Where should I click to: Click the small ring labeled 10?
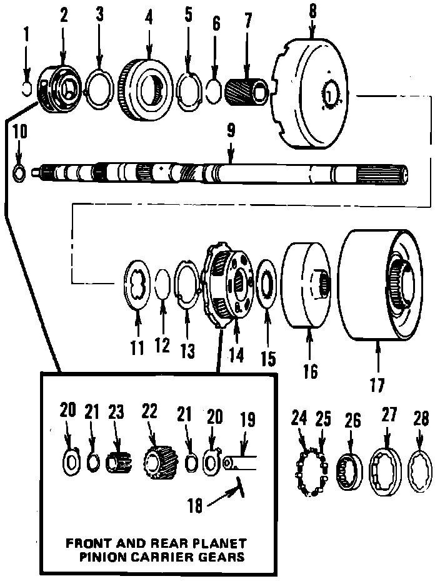(x=19, y=171)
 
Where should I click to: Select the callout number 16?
(x=310, y=371)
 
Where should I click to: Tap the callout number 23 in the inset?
(x=115, y=412)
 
